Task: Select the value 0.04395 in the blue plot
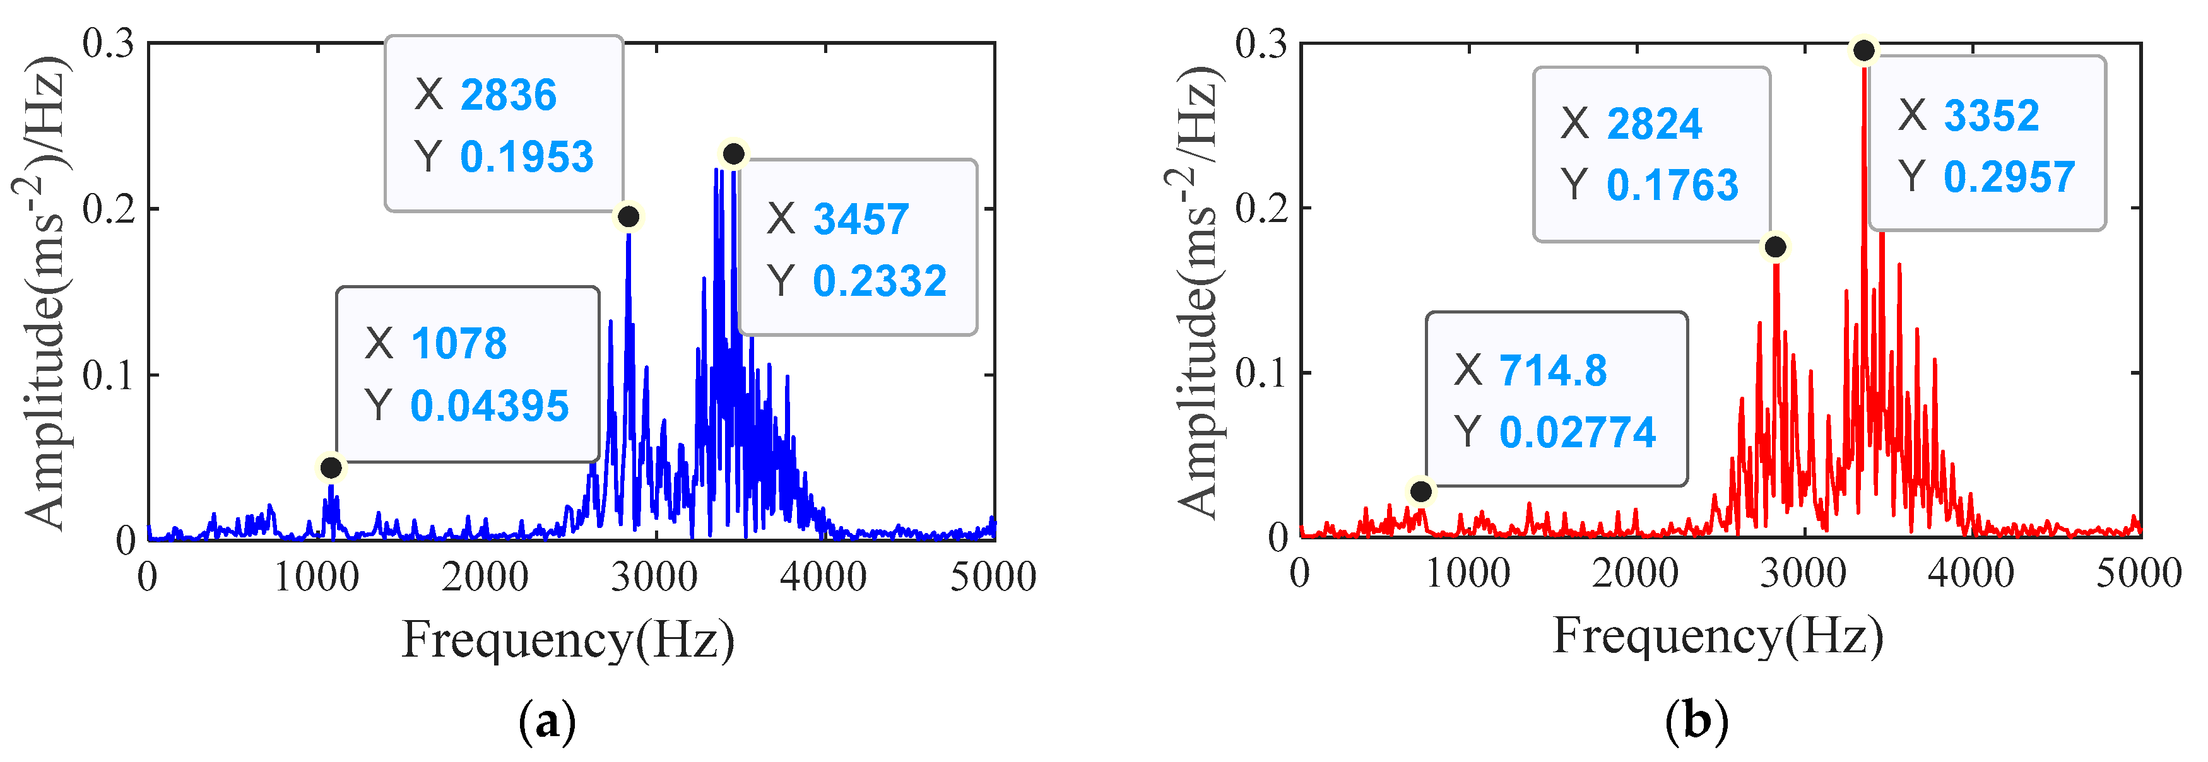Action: coord(490,406)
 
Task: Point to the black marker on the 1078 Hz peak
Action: coord(331,468)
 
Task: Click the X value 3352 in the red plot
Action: coord(1991,115)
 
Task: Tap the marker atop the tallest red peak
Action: coord(1863,50)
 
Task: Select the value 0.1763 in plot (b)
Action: coord(1672,185)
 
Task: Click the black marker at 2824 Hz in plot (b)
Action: coord(1775,247)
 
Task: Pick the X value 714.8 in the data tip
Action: coord(1552,371)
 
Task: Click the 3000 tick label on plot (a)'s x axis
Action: coord(654,577)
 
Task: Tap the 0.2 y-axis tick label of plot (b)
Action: coord(1260,208)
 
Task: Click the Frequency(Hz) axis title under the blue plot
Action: coord(569,640)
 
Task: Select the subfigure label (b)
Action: coord(1696,722)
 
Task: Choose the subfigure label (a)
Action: coord(547,722)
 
